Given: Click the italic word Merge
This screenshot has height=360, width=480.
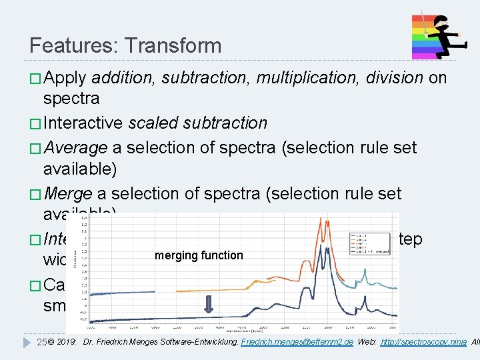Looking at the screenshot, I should click(x=68, y=194).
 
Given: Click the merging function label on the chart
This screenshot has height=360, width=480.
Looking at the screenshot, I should click(x=199, y=255).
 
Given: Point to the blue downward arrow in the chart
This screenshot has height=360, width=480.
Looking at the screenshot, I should click(x=208, y=305).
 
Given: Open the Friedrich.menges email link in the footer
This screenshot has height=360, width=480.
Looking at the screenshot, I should click(x=295, y=343).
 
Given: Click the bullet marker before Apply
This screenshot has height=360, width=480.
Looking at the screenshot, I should click(x=35, y=79).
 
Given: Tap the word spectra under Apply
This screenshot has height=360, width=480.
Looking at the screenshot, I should click(x=71, y=99).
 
